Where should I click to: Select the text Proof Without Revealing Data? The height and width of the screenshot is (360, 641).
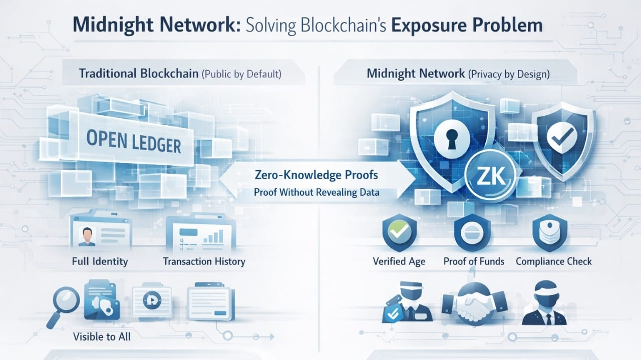tap(316, 192)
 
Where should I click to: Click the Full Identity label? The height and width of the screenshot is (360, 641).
tap(100, 261)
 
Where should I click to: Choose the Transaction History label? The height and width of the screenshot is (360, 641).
tap(204, 261)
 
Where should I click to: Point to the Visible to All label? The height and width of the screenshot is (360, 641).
tap(102, 336)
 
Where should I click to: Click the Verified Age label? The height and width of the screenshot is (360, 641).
tap(399, 261)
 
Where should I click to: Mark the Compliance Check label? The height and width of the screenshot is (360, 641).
tap(553, 261)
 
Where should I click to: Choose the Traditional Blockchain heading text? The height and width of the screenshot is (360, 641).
tap(138, 74)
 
